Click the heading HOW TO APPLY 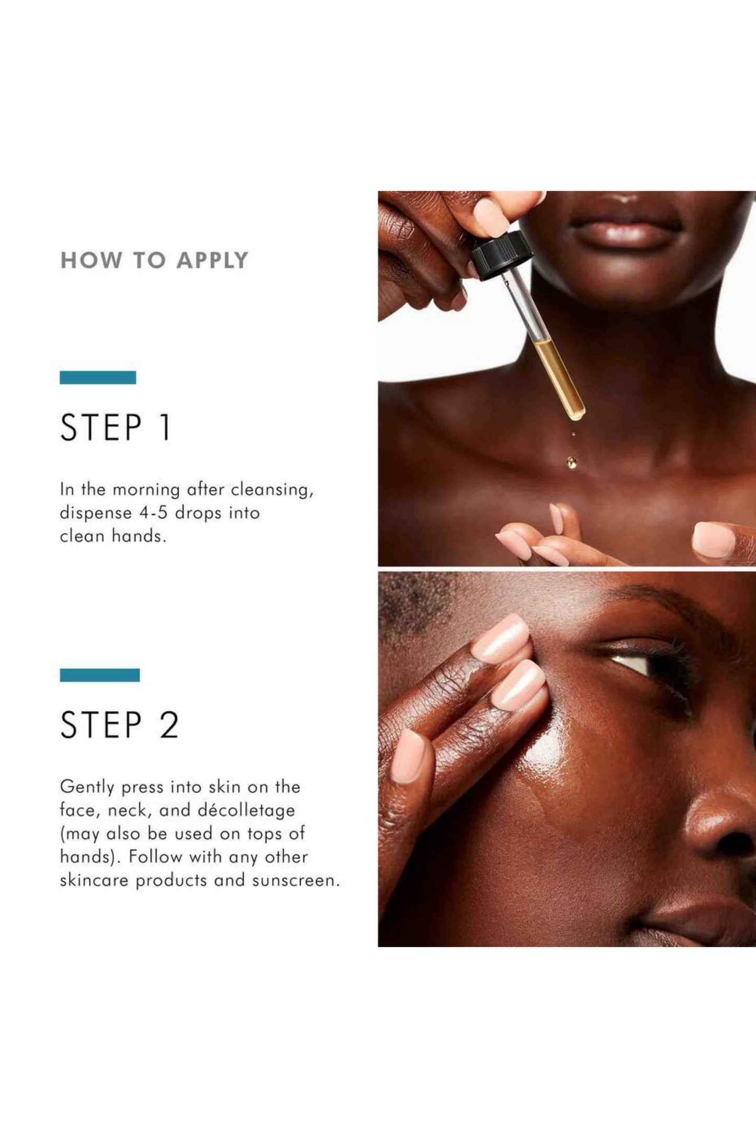(154, 260)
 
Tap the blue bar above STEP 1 (98, 377)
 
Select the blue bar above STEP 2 (99, 675)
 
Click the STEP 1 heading (116, 427)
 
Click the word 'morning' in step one (146, 490)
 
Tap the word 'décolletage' (246, 810)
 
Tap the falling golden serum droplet (572, 462)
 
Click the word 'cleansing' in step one (272, 490)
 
